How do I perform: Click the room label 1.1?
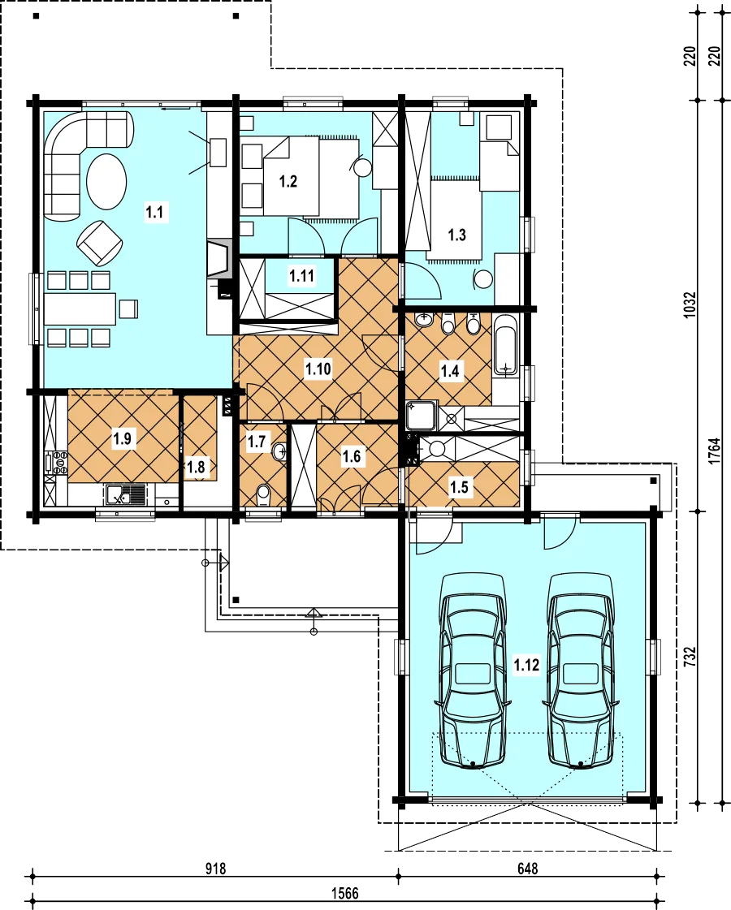(154, 212)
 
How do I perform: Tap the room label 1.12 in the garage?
(526, 665)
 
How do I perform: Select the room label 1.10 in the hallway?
(318, 369)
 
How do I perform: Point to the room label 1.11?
(302, 276)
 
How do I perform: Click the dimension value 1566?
(345, 893)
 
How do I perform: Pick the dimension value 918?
(215, 869)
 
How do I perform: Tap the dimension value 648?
(527, 869)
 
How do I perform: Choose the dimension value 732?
(690, 657)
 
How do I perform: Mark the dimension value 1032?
(690, 304)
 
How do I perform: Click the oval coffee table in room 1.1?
(106, 181)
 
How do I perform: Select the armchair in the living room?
(100, 243)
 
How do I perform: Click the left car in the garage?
(474, 671)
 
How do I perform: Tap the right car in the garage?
(582, 671)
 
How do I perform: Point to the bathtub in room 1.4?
(506, 345)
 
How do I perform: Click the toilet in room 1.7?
(263, 495)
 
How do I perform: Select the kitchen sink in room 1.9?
(126, 496)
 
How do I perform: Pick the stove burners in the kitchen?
(60, 464)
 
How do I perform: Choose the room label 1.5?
(459, 486)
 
